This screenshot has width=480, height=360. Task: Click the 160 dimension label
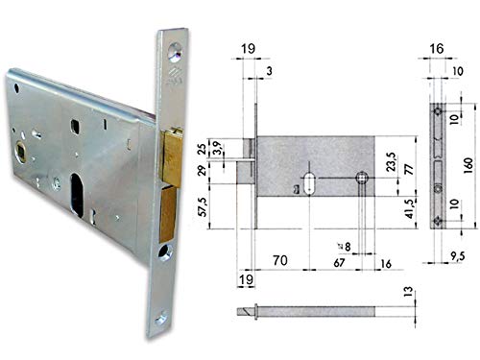pyautogui.click(x=468, y=165)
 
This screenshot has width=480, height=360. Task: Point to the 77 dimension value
pyautogui.click(x=409, y=169)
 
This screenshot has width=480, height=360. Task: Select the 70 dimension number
pyautogui.click(x=280, y=260)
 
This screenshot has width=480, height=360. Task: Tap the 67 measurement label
pyautogui.click(x=339, y=263)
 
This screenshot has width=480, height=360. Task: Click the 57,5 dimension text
pyautogui.click(x=204, y=206)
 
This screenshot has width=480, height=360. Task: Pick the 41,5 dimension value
pyautogui.click(x=410, y=208)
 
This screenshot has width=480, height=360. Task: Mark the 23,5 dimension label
pyautogui.click(x=391, y=162)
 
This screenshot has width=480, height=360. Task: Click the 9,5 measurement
pyautogui.click(x=457, y=256)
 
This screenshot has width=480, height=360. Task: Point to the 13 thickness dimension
pyautogui.click(x=408, y=292)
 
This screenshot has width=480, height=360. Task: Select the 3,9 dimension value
pyautogui.click(x=218, y=148)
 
